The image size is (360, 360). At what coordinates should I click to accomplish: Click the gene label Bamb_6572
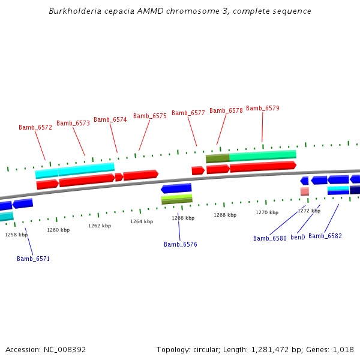pyautogui.click(x=35, y=127)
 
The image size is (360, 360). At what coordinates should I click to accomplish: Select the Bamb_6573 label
pyautogui.click(x=73, y=123)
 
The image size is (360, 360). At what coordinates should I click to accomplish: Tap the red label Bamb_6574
pyautogui.click(x=110, y=119)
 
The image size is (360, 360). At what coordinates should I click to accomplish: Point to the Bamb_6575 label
pyautogui.click(x=150, y=116)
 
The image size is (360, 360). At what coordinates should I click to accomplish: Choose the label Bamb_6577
pyautogui.click(x=188, y=113)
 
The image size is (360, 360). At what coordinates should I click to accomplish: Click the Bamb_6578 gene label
pyautogui.click(x=226, y=110)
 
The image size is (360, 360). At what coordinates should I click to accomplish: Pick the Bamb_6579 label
pyautogui.click(x=263, y=108)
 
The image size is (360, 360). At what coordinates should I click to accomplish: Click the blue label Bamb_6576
pyautogui.click(x=181, y=244)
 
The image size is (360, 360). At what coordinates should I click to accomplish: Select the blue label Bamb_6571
pyautogui.click(x=33, y=259)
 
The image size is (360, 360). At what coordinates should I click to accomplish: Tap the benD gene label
pyautogui.click(x=298, y=237)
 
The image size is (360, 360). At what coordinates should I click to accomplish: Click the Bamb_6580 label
pyautogui.click(x=270, y=238)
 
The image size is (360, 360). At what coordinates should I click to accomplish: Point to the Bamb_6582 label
pyautogui.click(x=325, y=236)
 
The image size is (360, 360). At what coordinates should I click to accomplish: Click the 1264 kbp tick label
pyautogui.click(x=142, y=221)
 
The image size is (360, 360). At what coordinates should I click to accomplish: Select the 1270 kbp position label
pyautogui.click(x=267, y=212)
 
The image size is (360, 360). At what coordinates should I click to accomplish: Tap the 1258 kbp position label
pyautogui.click(x=16, y=235)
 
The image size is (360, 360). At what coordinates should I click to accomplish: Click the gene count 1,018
pyautogui.click(x=342, y=349)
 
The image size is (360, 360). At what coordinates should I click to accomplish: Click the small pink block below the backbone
pyautogui.click(x=305, y=191)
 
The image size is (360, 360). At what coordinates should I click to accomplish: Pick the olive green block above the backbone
pyautogui.click(x=217, y=158)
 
